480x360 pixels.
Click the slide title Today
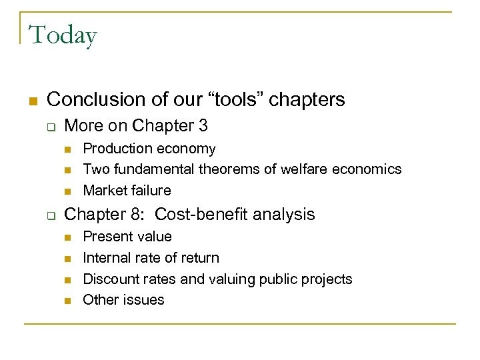pos(63,35)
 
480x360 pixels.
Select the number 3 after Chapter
pos(203,125)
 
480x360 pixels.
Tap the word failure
pos(151,191)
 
